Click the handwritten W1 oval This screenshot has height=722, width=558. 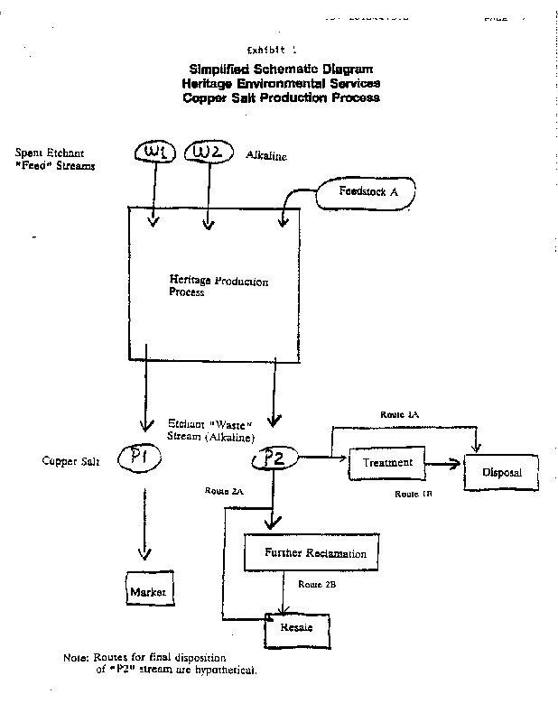156,156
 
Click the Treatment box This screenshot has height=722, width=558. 387,463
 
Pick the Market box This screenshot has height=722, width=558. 148,591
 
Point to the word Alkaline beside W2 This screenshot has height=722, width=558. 266,156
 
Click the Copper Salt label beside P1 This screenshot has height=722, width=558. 69,461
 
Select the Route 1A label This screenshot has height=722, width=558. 400,413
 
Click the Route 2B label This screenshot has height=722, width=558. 318,585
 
